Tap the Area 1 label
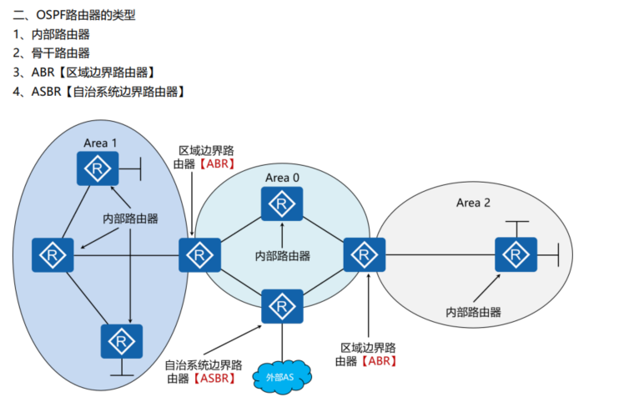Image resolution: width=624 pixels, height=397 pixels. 100,143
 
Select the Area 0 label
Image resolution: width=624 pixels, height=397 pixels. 282,178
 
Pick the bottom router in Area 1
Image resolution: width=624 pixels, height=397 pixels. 122,343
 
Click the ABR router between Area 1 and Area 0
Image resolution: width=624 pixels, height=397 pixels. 200,254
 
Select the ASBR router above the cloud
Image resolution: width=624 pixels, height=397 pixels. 282,307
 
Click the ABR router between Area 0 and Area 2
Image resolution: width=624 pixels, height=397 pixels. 364,254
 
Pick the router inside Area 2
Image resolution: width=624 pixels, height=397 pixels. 516,254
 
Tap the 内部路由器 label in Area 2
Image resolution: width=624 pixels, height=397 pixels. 473,312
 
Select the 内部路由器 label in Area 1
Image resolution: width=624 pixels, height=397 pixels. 130,218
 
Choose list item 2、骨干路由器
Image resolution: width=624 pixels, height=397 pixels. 52,53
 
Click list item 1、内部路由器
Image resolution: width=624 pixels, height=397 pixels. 52,34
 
